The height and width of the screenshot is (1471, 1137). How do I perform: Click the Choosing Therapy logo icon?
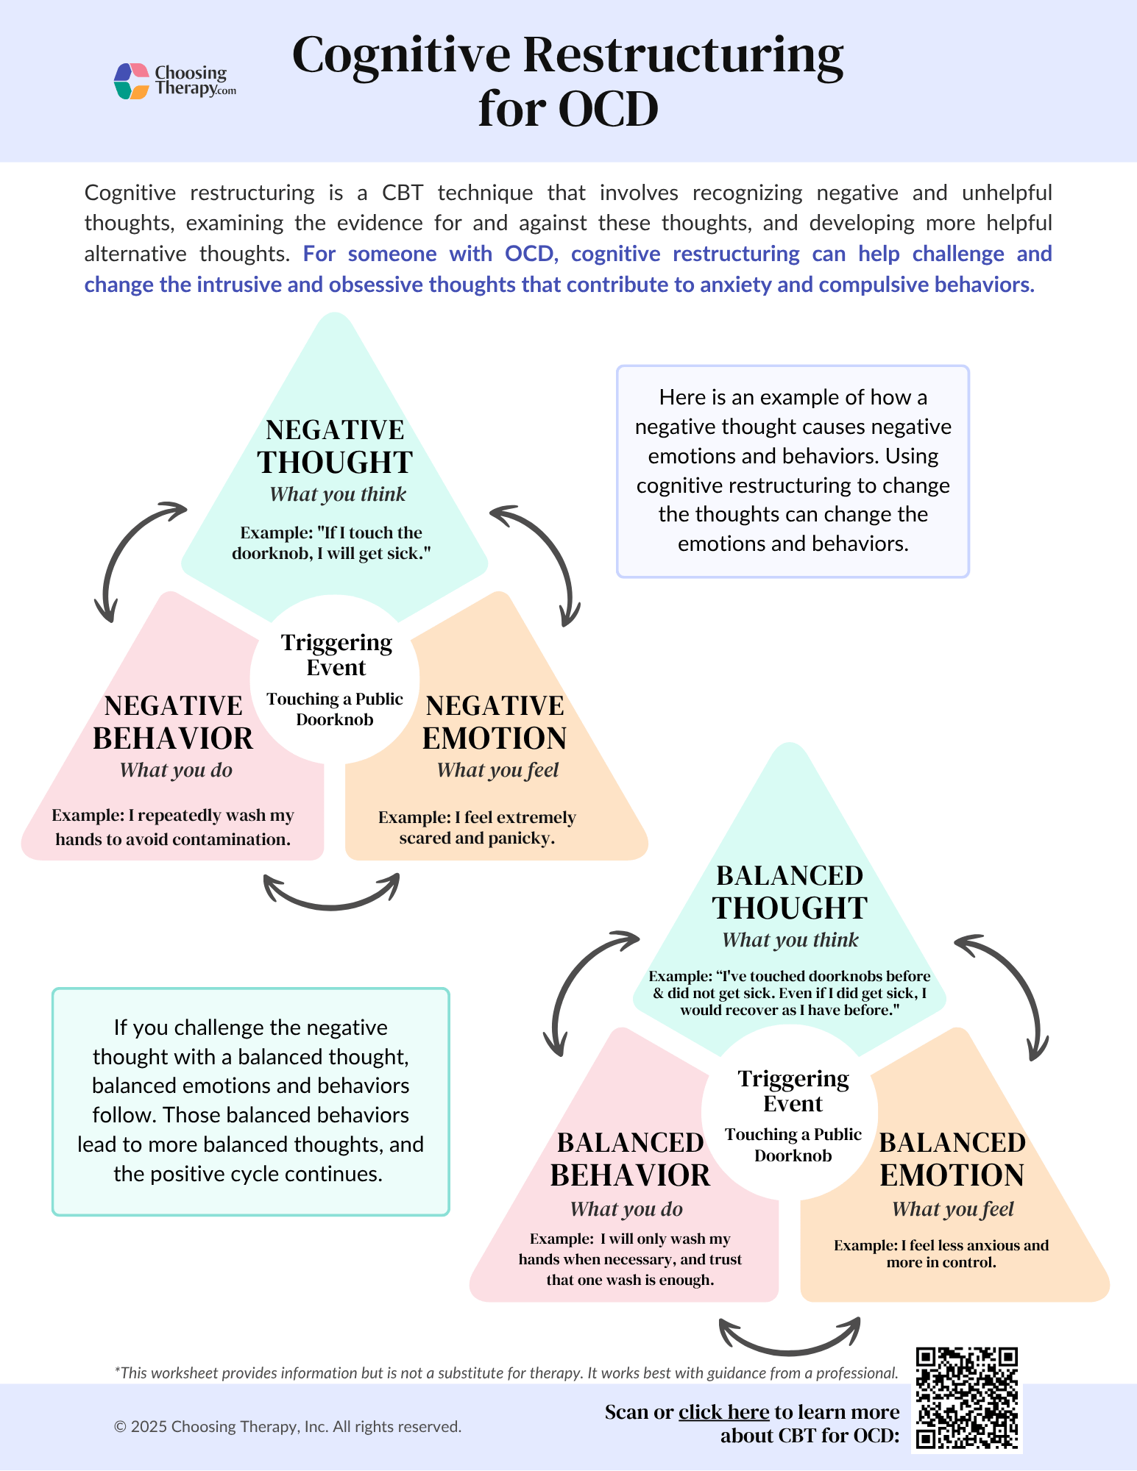pos(132,81)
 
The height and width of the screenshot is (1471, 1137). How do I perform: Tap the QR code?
pos(966,1399)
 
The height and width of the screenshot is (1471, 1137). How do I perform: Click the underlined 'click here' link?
pos(723,1412)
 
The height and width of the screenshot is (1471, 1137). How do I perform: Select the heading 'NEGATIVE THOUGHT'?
pos(335,446)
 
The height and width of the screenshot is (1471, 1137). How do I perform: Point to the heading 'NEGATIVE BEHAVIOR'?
pos(173,722)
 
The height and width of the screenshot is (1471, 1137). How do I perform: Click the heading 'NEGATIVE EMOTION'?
pos(495,722)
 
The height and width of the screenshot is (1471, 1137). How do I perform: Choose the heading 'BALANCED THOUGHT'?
pos(790,892)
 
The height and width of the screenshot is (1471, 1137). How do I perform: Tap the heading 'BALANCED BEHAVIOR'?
pos(630,1159)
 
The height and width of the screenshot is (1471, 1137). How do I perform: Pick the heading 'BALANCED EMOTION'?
pos(952,1159)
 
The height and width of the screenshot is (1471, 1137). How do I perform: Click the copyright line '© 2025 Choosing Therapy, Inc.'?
pos(288,1427)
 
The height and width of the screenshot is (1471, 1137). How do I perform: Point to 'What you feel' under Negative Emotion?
pos(497,770)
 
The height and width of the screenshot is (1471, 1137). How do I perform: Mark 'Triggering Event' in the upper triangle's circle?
pos(336,655)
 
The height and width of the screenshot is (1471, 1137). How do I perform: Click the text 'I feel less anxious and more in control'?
pos(941,1254)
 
